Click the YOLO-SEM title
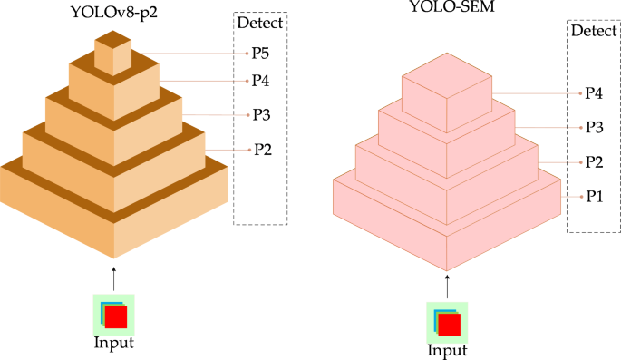click(451, 11)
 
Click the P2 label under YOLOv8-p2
click(263, 150)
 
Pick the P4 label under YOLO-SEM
click(595, 92)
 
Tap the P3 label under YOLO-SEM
click(595, 126)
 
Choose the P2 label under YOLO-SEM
click(595, 161)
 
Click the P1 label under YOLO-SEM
click(595, 195)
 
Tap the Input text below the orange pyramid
click(113, 342)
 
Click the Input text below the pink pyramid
click(448, 350)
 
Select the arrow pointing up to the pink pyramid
click(448, 285)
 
